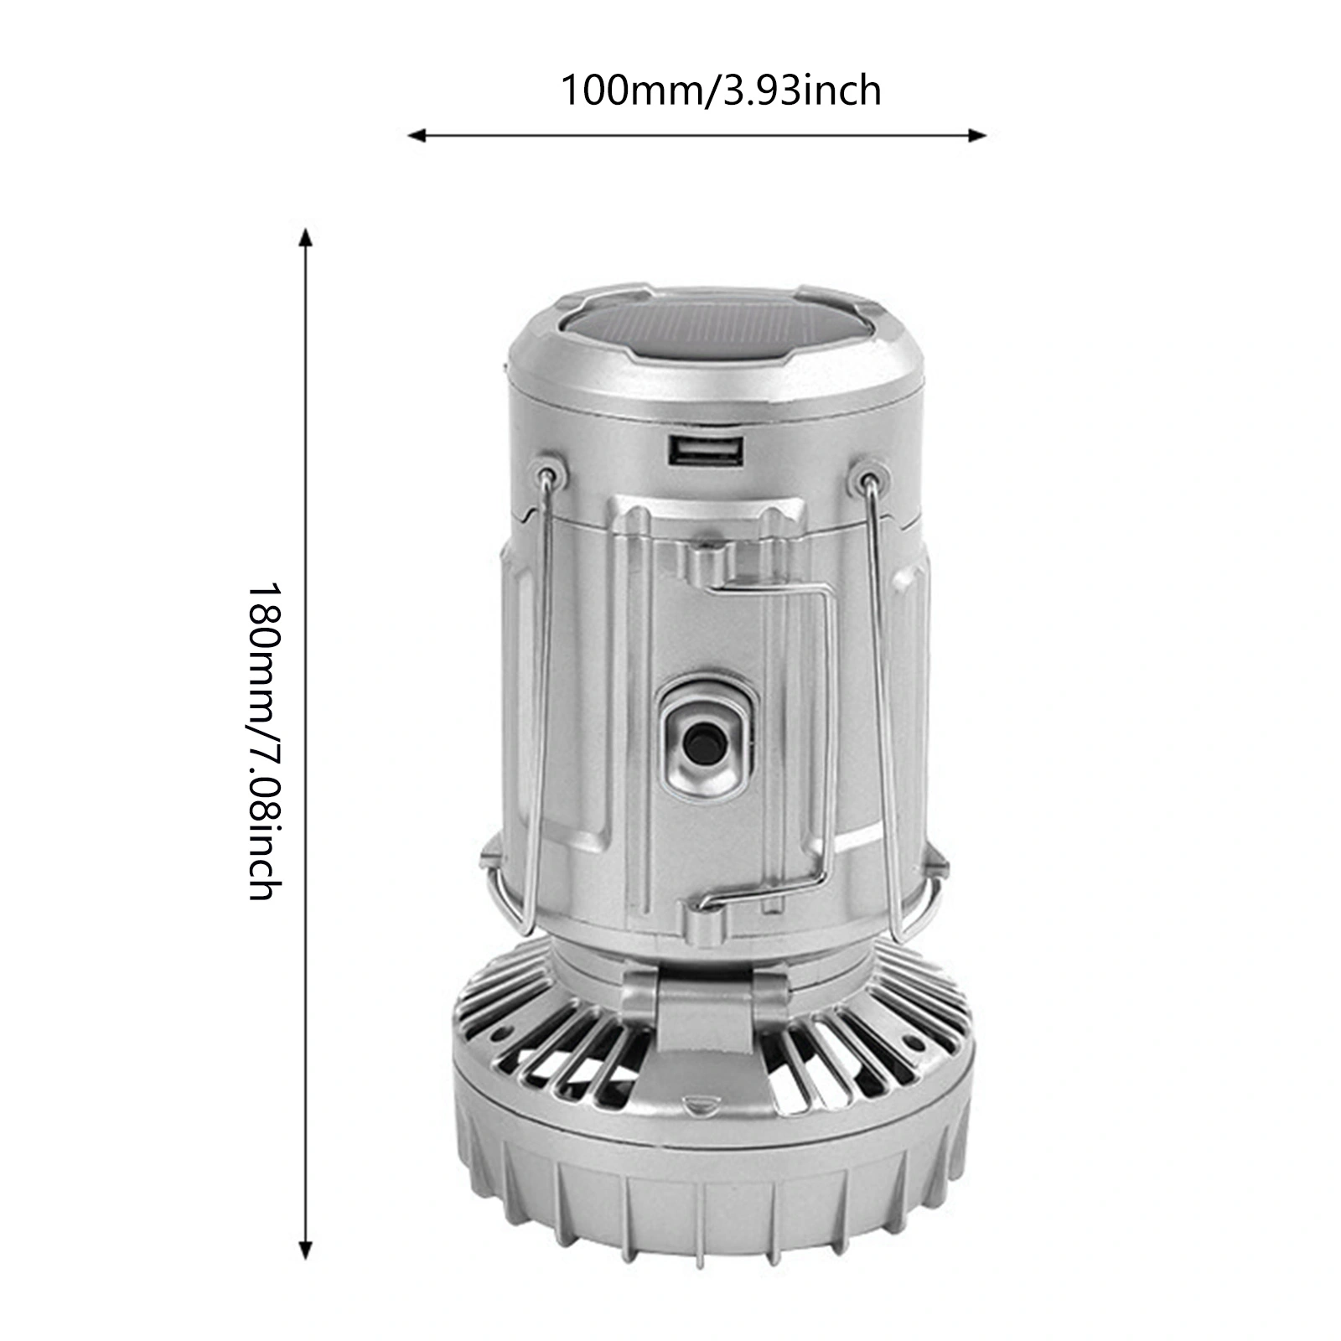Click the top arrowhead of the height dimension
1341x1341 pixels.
[x=307, y=238]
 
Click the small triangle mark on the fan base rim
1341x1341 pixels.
[x=695, y=1104]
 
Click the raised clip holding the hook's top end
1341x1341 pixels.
[x=707, y=560]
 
